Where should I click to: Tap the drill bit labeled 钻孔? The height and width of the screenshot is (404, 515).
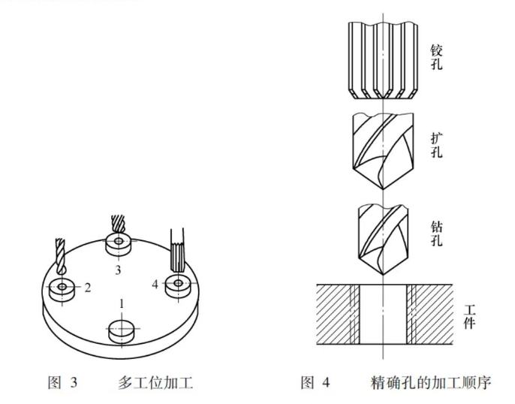[x=383, y=239]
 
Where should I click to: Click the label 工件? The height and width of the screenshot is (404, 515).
[x=471, y=318]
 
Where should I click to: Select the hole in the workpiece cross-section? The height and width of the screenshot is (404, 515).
[x=383, y=315]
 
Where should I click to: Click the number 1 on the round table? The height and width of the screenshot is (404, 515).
[x=121, y=303]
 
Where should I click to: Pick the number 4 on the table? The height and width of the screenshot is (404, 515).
[x=155, y=284]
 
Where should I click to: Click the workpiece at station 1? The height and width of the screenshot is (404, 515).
[x=122, y=330]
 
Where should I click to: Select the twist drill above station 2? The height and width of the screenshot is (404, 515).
[x=60, y=256]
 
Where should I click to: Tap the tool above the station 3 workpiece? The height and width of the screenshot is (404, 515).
[x=117, y=224]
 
